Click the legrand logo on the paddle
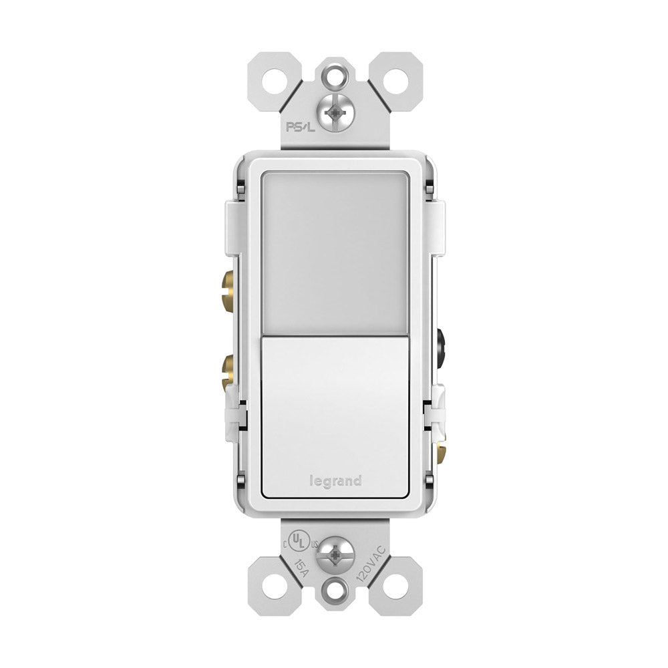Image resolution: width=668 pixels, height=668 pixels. tap(335, 482)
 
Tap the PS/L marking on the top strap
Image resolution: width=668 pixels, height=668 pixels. tap(301, 126)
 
